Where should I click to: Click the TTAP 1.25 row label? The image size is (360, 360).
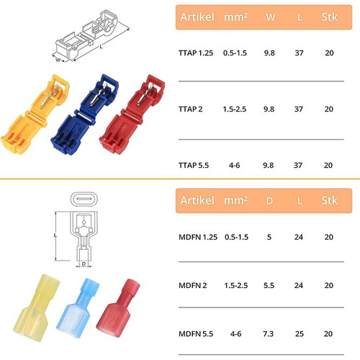(197, 54)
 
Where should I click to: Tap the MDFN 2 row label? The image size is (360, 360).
(194, 285)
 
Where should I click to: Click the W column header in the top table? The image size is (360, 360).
(269, 15)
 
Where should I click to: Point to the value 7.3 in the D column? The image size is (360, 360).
(269, 333)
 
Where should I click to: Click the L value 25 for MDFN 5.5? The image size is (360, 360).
(299, 333)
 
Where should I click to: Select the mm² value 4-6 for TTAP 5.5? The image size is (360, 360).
(233, 165)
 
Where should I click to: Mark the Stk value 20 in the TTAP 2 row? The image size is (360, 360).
(328, 109)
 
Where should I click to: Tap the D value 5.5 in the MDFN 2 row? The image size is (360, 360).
(269, 285)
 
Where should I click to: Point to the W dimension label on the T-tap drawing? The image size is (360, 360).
(58, 60)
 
